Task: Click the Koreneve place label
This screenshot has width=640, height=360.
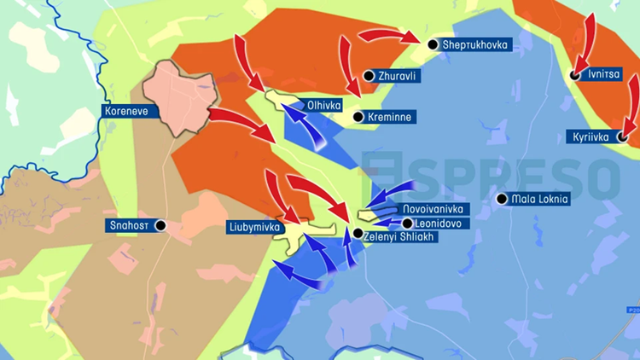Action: click(x=126, y=111)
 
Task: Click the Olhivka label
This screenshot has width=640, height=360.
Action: click(x=323, y=106)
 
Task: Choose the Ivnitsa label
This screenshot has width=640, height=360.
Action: click(x=604, y=75)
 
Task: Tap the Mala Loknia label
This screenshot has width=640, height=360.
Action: click(x=539, y=200)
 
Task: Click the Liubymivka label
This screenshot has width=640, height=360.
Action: click(x=254, y=227)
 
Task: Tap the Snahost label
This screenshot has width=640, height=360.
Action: click(x=129, y=225)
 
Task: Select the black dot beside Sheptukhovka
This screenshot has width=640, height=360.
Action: click(x=434, y=44)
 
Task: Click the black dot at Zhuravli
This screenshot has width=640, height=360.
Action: click(x=369, y=77)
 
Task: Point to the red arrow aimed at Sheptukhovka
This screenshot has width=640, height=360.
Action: click(x=388, y=35)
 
